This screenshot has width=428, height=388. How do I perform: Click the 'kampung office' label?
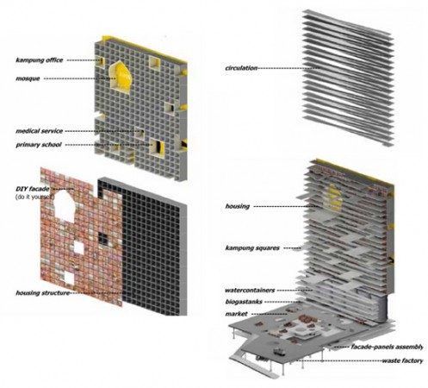[40, 60]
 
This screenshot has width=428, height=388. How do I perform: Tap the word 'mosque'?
[28, 78]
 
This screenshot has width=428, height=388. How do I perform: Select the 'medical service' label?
[40, 131]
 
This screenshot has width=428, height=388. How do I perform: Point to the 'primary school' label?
[39, 145]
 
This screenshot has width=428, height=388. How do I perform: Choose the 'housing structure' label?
[43, 293]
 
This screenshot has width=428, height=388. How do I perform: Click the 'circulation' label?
[241, 68]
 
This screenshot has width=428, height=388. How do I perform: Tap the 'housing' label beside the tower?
[238, 206]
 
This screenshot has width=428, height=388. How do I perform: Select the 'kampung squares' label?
[252, 248]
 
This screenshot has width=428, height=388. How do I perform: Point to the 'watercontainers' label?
[250, 291]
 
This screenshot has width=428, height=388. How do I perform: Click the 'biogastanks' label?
[244, 302]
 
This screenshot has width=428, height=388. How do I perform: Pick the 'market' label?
[236, 314]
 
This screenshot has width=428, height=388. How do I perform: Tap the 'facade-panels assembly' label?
[387, 347]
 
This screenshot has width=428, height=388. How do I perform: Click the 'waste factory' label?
[402, 360]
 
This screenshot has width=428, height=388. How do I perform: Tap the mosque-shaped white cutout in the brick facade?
[65, 204]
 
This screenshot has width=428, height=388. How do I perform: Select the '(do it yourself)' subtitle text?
[34, 197]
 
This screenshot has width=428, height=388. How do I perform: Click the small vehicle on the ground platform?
[279, 351]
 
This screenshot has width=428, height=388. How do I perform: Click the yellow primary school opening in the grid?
[158, 147]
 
